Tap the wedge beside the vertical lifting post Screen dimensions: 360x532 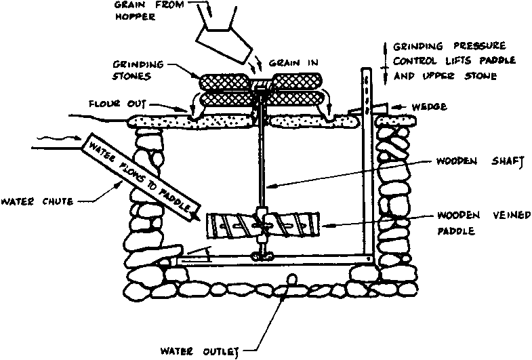[x=377, y=108]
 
